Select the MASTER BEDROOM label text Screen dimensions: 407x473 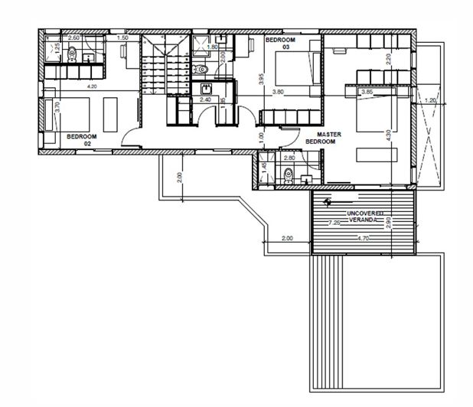[x=321, y=138]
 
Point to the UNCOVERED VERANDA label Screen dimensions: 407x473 [x=363, y=215]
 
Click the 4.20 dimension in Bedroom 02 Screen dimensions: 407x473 [x=92, y=86]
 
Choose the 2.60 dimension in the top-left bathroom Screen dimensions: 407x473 [x=74, y=37]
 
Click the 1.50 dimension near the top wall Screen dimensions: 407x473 [x=122, y=37]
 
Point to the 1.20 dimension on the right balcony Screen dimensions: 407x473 [x=430, y=100]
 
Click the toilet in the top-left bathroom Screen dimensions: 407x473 [x=70, y=54]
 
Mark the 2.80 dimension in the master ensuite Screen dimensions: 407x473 [x=289, y=158]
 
